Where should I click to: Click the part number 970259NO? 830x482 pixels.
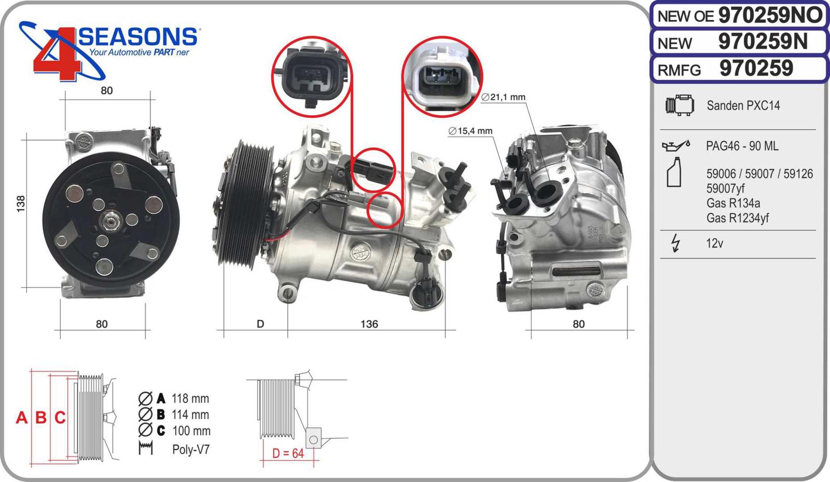point(770,16)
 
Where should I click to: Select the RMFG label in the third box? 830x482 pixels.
point(679,70)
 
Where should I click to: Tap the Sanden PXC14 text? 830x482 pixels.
point(743,106)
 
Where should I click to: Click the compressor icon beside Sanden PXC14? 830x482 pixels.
point(680,105)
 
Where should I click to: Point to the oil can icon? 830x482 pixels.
point(676,146)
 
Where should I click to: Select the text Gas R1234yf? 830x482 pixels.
point(737,218)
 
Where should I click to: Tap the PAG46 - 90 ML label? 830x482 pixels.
point(742,146)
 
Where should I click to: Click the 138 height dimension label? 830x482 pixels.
point(21,204)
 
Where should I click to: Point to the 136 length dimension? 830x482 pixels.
point(369,324)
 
